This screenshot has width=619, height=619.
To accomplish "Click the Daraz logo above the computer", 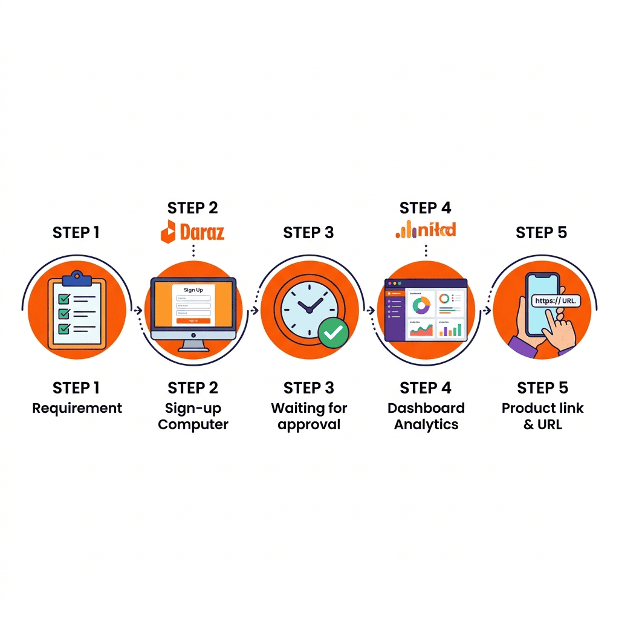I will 192,232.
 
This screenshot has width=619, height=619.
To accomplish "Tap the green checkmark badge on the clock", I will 333,332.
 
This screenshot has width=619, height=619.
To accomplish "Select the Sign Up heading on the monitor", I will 193,290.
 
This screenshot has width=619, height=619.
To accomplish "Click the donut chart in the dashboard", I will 421,304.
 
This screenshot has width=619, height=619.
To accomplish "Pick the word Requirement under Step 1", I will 77,408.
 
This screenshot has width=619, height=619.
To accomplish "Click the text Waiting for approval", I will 309,416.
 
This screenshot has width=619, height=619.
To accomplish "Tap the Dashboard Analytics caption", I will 426,416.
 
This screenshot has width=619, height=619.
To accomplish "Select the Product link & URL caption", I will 542,416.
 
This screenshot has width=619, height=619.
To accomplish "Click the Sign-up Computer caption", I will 193,416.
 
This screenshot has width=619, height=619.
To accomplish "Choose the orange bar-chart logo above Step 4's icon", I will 426,229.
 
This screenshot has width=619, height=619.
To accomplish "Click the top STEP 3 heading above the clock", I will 308,233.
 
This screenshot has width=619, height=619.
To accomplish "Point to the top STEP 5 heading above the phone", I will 541,233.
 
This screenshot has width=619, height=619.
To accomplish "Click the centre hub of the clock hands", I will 308,309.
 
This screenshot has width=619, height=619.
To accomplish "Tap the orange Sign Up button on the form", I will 193,321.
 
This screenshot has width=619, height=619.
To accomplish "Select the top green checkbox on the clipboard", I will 63,299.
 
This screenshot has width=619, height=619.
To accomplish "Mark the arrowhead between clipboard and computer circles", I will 139,310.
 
